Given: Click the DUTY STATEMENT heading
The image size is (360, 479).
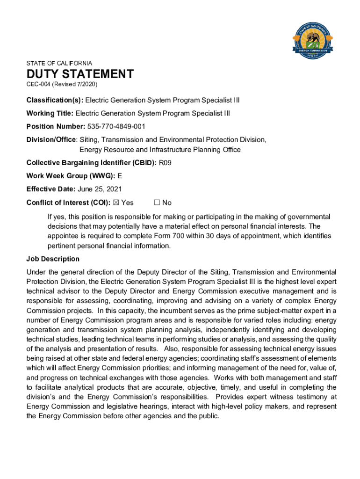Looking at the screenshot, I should [x=80, y=74].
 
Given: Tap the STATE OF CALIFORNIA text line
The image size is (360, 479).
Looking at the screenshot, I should [x=59, y=63].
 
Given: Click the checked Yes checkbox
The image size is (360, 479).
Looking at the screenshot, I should [x=117, y=203].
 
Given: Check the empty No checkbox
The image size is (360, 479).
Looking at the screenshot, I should [x=157, y=203].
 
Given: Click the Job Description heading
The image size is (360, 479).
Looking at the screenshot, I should [x=53, y=259].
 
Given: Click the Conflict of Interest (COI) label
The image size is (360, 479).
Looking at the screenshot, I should [x=69, y=203].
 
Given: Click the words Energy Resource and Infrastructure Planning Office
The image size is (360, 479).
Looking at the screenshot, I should [x=160, y=150].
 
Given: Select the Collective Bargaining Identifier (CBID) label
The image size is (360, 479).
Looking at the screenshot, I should [x=92, y=163].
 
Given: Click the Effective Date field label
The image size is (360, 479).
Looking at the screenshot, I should [x=51, y=189].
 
